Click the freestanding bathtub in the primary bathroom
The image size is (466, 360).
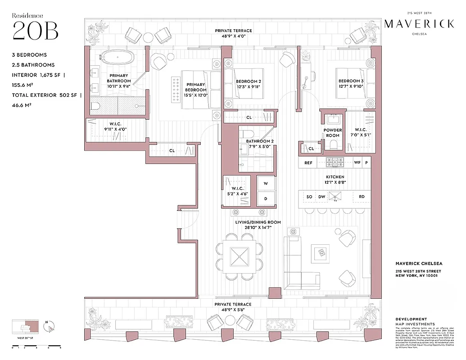pos(117,58)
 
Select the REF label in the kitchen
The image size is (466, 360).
pos(308,162)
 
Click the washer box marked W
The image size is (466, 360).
pos(265,183)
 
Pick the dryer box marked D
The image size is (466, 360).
pos(265,198)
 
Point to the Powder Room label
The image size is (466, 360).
pos(332,133)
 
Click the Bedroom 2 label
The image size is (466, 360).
pos(249,81)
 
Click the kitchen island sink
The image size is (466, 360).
pos(335,197)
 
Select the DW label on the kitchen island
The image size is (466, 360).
pos(321,197)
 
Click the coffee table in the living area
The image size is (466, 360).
pos(322,253)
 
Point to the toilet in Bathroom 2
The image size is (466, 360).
pos(248,134)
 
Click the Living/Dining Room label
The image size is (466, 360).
pos(258,222)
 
